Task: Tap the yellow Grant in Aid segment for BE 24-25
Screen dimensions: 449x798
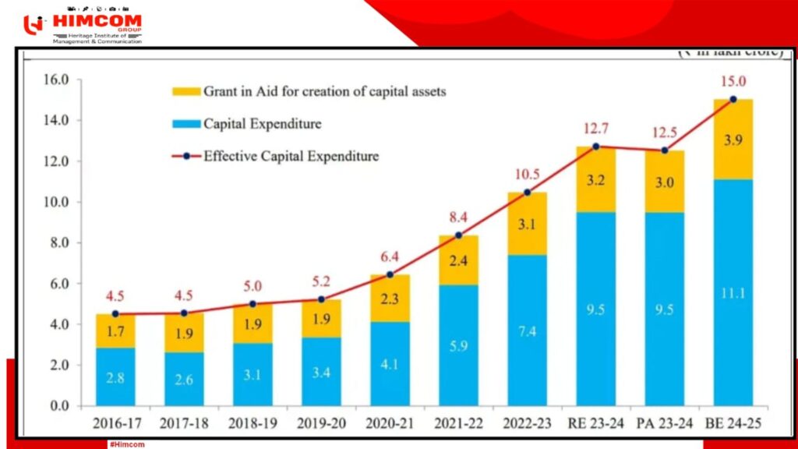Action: point(733,140)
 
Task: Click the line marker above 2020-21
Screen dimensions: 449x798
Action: point(390,274)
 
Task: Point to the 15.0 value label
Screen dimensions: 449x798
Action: point(733,81)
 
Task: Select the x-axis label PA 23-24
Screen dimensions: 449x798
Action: point(664,426)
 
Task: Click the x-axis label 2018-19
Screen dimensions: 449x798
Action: point(252,426)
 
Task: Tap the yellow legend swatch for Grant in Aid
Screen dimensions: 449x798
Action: point(185,92)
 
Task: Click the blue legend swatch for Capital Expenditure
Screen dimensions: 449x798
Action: point(185,124)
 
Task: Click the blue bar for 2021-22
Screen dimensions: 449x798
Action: point(459,345)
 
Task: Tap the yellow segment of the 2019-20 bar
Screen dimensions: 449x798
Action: point(321,319)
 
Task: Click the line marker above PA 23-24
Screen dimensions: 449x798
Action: point(665,150)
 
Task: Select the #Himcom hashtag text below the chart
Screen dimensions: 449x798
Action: point(127,444)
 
